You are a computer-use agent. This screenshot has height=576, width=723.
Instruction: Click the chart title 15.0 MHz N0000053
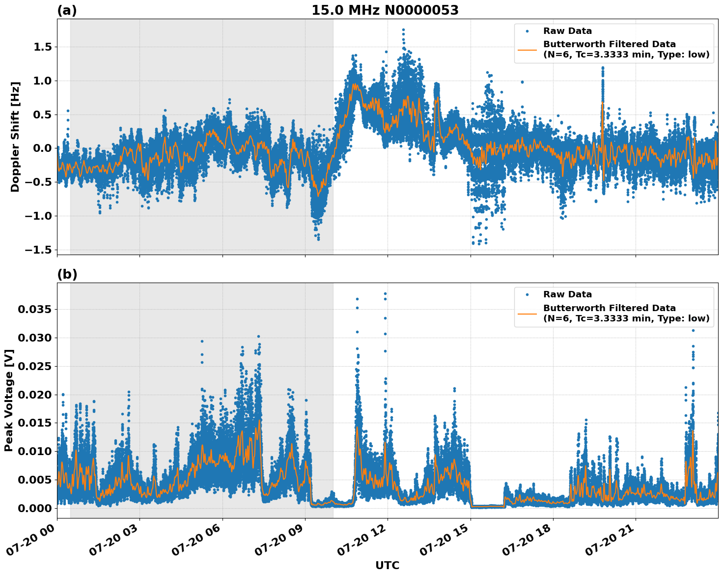tap(385, 10)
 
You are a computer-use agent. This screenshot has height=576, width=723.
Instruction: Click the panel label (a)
tap(67, 10)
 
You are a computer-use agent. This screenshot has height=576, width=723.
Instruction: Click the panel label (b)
tap(67, 274)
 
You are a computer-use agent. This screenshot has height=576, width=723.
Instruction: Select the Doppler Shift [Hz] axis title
tap(15, 137)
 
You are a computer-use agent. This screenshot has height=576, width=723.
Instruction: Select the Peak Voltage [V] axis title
tap(9, 400)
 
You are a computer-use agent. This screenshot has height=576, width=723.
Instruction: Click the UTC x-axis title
tap(387, 565)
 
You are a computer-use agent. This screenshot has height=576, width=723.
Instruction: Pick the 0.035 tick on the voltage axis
tap(34, 310)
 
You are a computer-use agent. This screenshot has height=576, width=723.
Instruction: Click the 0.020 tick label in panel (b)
tap(34, 395)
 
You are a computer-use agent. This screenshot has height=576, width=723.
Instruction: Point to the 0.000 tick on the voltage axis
tap(34, 508)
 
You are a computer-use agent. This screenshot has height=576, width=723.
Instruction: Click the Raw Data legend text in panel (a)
tap(567, 31)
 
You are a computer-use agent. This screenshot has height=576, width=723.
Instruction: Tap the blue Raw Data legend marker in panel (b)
tap(527, 295)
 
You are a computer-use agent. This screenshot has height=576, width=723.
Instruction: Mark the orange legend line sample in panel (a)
tap(527, 50)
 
